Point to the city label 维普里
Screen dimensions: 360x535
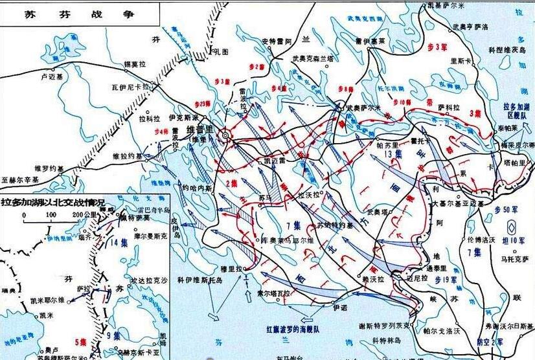pyautogui.click(x=199, y=130)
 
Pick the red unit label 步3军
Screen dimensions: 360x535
pyautogui.click(x=438, y=47)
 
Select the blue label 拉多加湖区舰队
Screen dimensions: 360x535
pyautogui.click(x=516, y=109)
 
